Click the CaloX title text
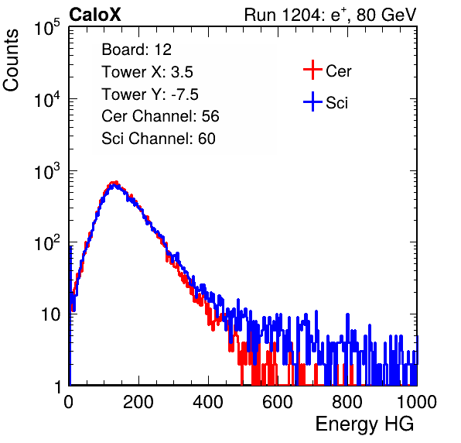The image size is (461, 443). click(95, 15)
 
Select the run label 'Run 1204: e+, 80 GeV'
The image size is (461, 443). click(330, 15)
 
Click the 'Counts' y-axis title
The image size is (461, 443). click(11, 60)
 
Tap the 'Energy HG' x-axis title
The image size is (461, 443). click(364, 424)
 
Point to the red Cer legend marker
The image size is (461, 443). click(312, 70)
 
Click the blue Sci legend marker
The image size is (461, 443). click(312, 101)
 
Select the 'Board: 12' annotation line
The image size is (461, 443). click(136, 50)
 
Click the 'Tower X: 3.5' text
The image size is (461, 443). click(147, 72)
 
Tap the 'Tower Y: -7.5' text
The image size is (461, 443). click(150, 94)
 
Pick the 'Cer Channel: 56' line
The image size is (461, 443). click(160, 116)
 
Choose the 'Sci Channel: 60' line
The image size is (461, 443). click(159, 139)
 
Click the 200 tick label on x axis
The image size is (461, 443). click(138, 402)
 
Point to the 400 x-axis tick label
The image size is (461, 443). click(208, 402)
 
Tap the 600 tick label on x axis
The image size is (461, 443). click(278, 402)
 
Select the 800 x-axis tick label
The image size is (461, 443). click(347, 402)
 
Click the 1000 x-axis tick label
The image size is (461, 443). click(417, 402)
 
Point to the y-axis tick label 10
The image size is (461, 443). click(50, 314)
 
